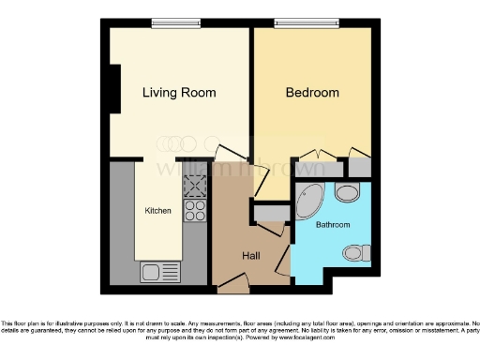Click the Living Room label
pos(179,93)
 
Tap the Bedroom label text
pos(312,93)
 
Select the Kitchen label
pos(157,212)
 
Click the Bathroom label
pos(332,226)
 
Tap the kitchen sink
pos(153,272)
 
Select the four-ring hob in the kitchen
pos(195,213)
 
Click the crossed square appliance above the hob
pos(195,187)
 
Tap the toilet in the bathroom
pos(355,252)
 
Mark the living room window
pos(178,24)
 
